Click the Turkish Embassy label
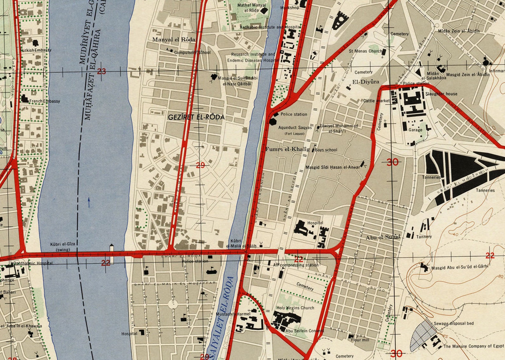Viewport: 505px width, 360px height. tap(36, 50)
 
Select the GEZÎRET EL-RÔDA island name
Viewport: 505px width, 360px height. tap(196, 117)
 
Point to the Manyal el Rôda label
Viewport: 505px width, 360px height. tap(174, 39)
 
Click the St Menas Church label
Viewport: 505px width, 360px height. tap(365, 51)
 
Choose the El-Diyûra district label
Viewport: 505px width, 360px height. tap(366, 82)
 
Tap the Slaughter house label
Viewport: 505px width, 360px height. tap(441, 94)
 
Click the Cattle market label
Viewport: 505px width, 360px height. tap(377, 101)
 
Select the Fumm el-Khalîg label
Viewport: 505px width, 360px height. tap(287, 149)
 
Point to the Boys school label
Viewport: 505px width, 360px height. tap(326, 150)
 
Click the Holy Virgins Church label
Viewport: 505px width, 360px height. tap(295, 308)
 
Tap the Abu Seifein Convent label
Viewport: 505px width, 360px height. tap(305, 331)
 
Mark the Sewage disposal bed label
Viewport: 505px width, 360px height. tap(454, 323)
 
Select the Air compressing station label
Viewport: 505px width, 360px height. tap(296, 265)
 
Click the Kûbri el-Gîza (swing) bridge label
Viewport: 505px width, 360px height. tap(63, 246)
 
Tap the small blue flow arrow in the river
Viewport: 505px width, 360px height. tap(89, 202)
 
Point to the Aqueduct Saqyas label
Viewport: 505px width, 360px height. tap(295, 128)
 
